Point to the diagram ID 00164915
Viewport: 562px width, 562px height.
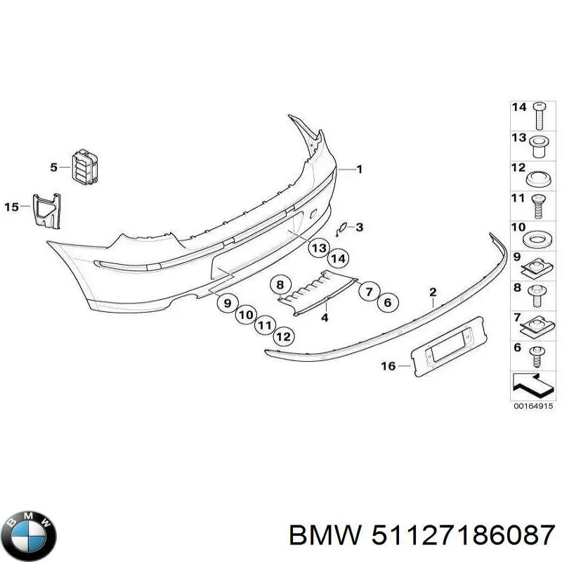point(533,406)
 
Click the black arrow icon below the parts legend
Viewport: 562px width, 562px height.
point(533,384)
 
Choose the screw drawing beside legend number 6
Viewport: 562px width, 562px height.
point(539,354)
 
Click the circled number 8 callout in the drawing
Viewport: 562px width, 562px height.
point(280,285)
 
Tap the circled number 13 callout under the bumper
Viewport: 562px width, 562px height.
point(320,247)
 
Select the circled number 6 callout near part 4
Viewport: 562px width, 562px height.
point(386,303)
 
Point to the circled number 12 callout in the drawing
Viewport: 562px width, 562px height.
point(282,336)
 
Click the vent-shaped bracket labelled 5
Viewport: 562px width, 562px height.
point(85,166)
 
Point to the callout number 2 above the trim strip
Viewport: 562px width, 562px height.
point(433,292)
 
